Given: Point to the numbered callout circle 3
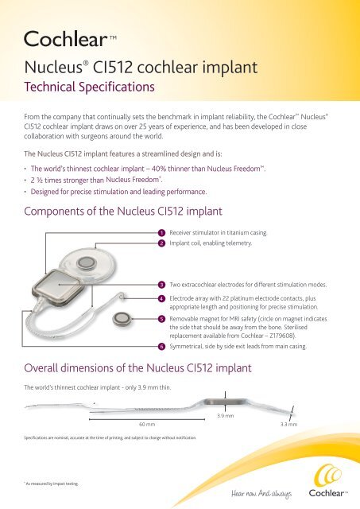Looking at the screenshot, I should pyautogui.click(x=161, y=283).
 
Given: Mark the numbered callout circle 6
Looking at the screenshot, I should pyautogui.click(x=161, y=347).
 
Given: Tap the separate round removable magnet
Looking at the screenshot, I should pyautogui.click(x=122, y=319).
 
